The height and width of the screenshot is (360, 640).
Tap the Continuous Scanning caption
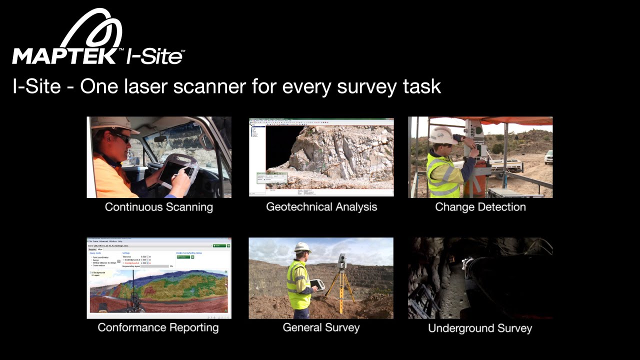pyautogui.click(x=159, y=207)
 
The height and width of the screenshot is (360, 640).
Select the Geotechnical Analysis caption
pyautogui.click(x=321, y=207)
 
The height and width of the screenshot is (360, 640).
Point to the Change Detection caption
pyautogui.click(x=480, y=207)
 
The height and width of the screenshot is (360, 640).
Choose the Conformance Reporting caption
pyautogui.click(x=158, y=327)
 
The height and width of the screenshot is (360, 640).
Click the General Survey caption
pyautogui.click(x=321, y=327)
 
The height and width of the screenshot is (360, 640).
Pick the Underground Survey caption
pyautogui.click(x=480, y=328)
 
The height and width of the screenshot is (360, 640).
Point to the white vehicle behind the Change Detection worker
pyautogui.click(x=548, y=157)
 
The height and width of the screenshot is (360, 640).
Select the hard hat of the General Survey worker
pyautogui.click(x=302, y=247)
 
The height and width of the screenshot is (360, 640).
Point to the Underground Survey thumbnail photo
pyautogui.click(x=480, y=278)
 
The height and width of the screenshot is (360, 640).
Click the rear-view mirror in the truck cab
pyautogui.click(x=160, y=138)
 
